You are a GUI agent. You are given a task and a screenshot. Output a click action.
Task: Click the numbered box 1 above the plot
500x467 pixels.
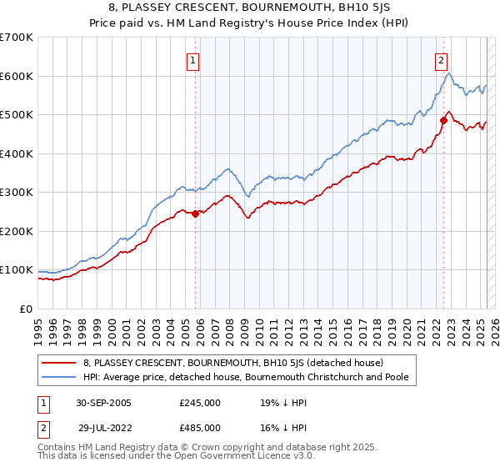pyautogui.click(x=193, y=60)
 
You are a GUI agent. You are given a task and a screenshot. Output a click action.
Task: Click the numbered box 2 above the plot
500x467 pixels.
pyautogui.click(x=440, y=60)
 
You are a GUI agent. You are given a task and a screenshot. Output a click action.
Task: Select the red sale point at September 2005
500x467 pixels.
pyautogui.click(x=196, y=213)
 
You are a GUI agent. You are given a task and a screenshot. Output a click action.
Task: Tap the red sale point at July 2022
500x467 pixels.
pyautogui.click(x=443, y=121)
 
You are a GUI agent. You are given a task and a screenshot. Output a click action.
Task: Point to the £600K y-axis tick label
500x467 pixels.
pyautogui.click(x=16, y=76)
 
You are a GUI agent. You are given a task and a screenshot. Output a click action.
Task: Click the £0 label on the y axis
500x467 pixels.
pyautogui.click(x=27, y=309)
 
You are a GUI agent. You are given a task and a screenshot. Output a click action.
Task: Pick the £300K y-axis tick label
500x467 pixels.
pyautogui.click(x=16, y=193)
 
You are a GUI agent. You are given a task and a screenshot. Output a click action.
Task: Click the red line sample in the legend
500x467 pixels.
pyautogui.click(x=58, y=363)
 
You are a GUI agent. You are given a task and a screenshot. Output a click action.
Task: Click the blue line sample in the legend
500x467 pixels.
pyautogui.click(x=58, y=377)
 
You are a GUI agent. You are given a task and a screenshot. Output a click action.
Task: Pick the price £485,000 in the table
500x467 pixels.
pyautogui.click(x=200, y=428)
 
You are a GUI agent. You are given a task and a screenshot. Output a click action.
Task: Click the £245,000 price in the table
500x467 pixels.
pyautogui.click(x=200, y=403)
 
